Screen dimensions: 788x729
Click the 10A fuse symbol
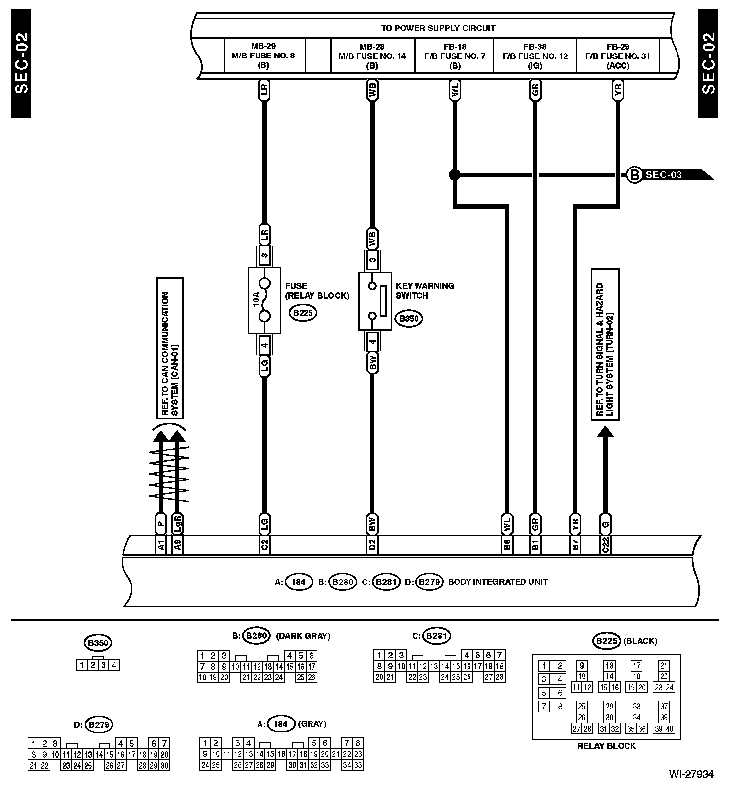click(264, 300)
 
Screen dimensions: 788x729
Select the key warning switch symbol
click(375, 300)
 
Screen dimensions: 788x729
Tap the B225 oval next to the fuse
click(303, 313)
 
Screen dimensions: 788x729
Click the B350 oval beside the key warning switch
click(409, 319)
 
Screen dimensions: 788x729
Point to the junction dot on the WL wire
click(454, 174)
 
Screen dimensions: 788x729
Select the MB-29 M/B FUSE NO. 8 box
click(263, 56)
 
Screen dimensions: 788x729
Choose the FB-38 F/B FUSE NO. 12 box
click(535, 56)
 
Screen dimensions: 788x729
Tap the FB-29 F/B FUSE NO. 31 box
click(618, 56)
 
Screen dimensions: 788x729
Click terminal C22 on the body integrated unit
click(605, 545)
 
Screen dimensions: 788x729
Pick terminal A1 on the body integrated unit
click(160, 545)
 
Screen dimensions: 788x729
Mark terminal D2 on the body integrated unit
click(372, 545)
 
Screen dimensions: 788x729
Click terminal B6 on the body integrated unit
click(507, 545)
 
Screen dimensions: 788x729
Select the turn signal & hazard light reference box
click(605, 344)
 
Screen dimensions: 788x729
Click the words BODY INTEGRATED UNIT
click(498, 582)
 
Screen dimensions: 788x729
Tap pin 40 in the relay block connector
click(669, 728)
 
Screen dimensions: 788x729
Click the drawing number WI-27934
click(691, 774)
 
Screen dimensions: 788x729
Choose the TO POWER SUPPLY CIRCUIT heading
click(438, 28)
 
